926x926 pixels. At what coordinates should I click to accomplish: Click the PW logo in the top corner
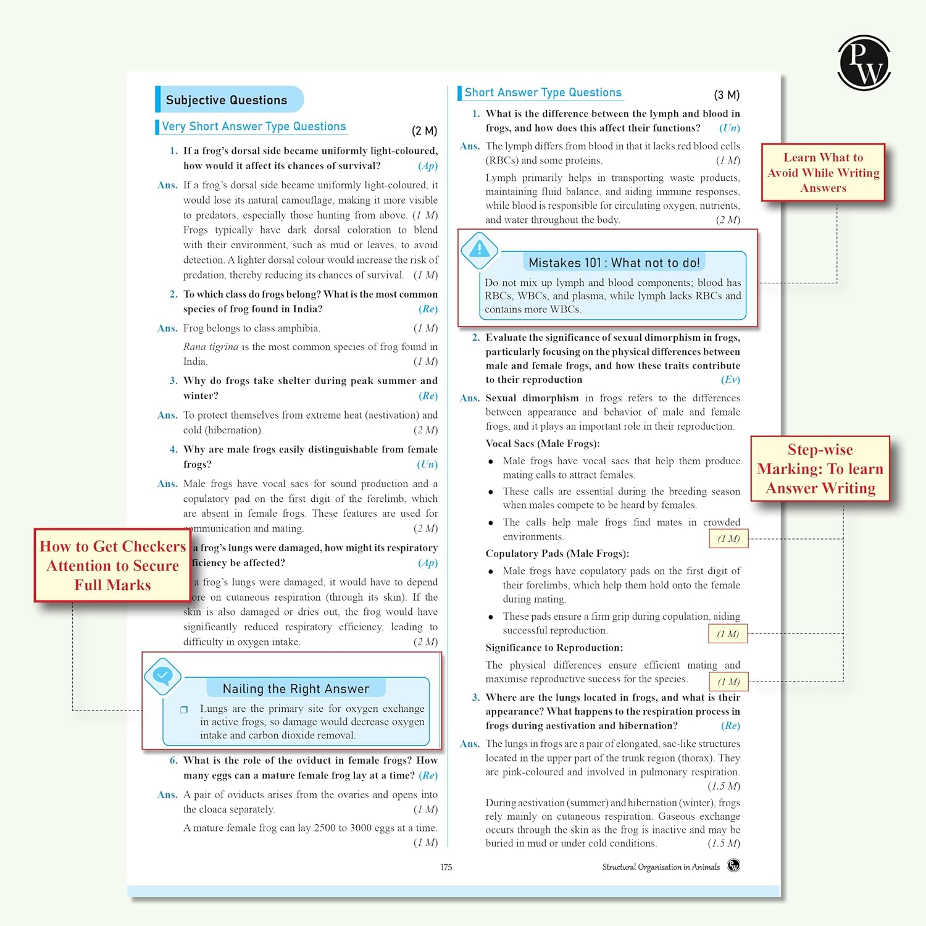[x=864, y=62]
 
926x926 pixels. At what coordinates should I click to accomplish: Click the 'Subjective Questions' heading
[x=227, y=100]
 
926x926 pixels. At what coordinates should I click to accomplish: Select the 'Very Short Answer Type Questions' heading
[x=254, y=127]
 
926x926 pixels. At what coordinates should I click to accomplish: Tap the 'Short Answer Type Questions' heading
[x=543, y=93]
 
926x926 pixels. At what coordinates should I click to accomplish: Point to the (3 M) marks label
[x=727, y=95]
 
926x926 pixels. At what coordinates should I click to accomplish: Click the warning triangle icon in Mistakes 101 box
[x=480, y=250]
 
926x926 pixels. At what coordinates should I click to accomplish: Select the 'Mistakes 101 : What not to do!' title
[x=614, y=263]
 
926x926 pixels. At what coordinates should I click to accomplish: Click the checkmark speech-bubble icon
[x=163, y=676]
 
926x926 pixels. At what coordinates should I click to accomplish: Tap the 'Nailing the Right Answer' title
[x=296, y=689]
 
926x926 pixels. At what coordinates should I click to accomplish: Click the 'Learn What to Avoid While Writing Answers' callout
[x=823, y=173]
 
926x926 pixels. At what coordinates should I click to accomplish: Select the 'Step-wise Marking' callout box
[x=820, y=469]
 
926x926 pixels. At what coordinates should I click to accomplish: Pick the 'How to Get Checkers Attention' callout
[x=112, y=565]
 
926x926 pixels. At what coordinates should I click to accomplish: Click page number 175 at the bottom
[x=446, y=867]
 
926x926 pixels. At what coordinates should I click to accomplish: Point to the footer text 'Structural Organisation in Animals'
[x=661, y=867]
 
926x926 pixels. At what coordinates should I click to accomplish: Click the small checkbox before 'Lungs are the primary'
[x=184, y=710]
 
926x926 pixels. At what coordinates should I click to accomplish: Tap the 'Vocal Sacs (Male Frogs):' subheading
[x=542, y=444]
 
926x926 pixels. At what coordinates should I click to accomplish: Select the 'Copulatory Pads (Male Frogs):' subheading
[x=557, y=554]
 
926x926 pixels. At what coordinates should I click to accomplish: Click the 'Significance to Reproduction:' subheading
[x=554, y=648]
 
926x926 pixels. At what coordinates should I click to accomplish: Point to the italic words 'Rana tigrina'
[x=211, y=347]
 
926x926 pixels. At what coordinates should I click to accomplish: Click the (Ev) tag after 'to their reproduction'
[x=730, y=380]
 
